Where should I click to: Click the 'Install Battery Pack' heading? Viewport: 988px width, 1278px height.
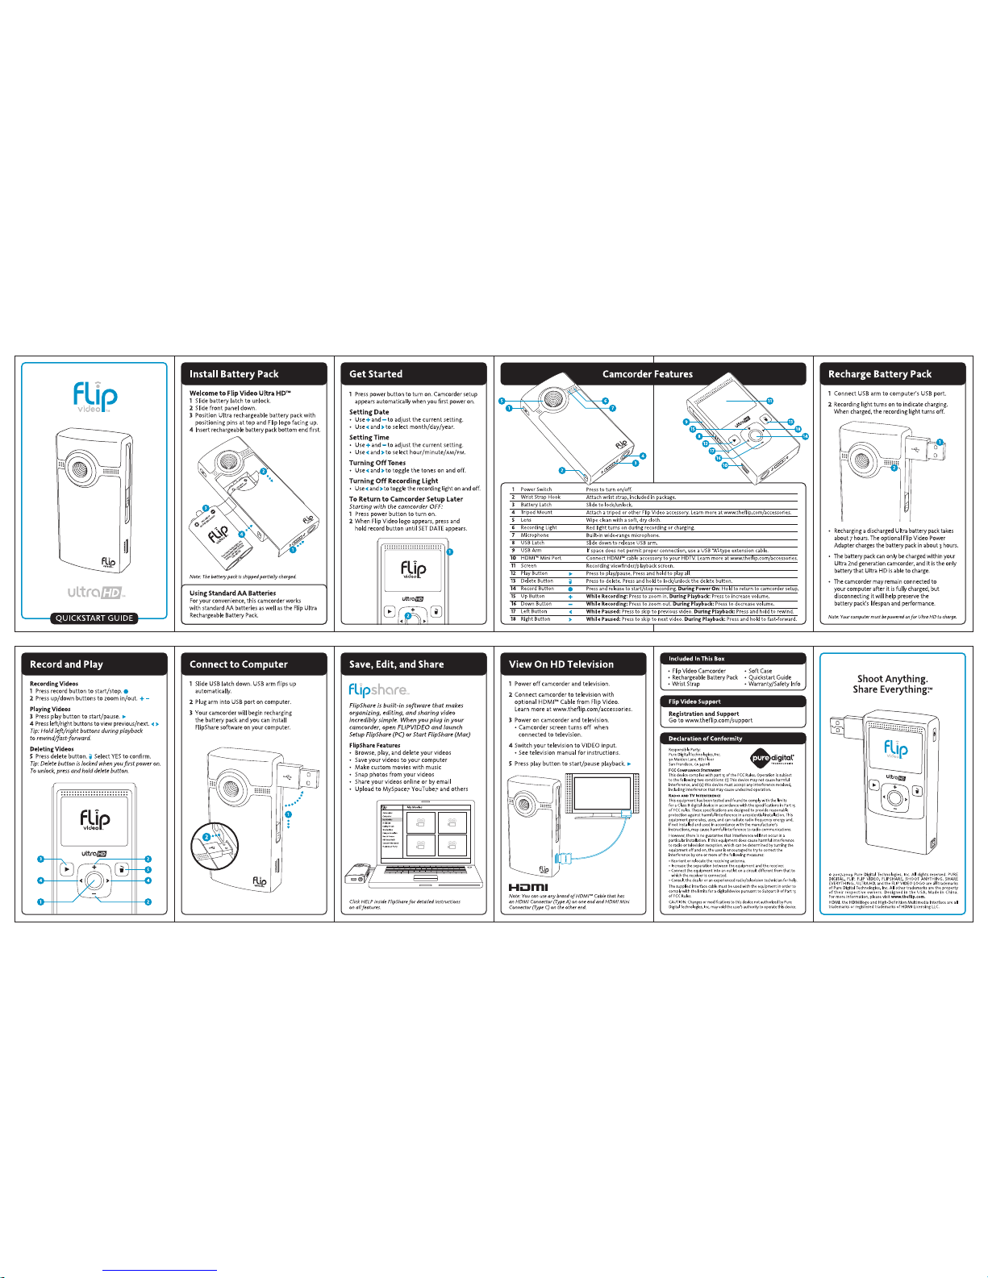pos(234,374)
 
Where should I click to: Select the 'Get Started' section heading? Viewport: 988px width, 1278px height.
pos(376,374)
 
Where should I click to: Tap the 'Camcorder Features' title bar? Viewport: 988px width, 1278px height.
pos(647,374)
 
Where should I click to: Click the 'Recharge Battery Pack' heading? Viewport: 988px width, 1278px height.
pos(879,374)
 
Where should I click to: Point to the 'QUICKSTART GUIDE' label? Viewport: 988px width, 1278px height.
pos(94,618)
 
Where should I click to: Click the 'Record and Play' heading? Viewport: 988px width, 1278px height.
pos(66,664)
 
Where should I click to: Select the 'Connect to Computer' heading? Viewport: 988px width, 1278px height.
pos(239,664)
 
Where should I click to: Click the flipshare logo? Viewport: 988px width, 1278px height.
pos(378,690)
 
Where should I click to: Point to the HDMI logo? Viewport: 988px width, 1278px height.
pos(528,888)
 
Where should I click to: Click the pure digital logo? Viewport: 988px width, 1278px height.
pos(772,758)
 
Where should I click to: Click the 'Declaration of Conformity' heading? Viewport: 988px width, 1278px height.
pos(705,739)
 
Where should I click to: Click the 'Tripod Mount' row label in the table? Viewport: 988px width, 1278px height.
pos(536,513)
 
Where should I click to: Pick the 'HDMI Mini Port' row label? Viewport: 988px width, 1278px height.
pos(540,558)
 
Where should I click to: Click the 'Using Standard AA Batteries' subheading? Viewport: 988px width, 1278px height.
pos(232,593)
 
